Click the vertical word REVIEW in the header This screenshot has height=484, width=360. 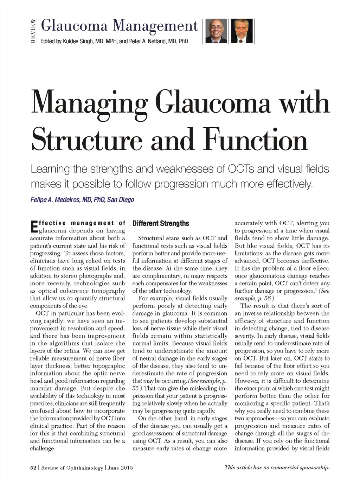pos(33,31)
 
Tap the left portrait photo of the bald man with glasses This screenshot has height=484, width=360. pos(216,31)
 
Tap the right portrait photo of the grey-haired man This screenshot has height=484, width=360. pos(242,31)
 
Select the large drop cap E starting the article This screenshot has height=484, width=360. pos(34,227)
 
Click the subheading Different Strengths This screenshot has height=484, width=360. pos(161,223)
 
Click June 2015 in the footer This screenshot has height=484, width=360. pos(121,468)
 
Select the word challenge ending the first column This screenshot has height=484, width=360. pos(42,448)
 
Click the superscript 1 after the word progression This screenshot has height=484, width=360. pos(315,289)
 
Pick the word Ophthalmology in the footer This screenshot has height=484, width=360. pos(85,468)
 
